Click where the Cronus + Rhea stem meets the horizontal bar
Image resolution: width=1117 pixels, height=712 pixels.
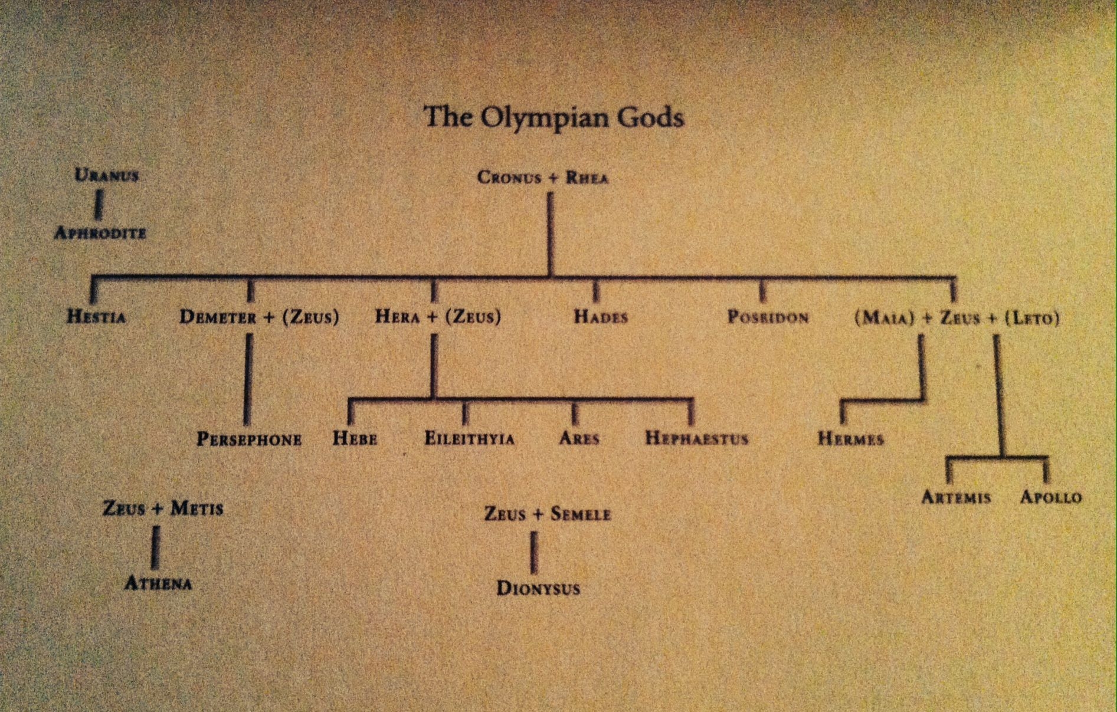point(550,276)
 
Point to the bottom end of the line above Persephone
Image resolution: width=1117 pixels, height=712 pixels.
point(247,424)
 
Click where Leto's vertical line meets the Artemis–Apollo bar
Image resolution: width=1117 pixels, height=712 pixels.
point(1002,458)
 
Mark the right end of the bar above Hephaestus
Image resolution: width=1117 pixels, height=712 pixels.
point(691,401)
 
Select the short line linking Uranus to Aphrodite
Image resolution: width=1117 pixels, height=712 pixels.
point(99,205)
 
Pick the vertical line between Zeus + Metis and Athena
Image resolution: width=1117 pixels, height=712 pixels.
point(156,547)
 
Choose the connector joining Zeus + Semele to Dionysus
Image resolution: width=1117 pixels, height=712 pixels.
point(533,553)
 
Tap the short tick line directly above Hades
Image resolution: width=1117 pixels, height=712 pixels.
point(595,290)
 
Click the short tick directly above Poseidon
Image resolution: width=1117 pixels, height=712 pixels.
point(762,290)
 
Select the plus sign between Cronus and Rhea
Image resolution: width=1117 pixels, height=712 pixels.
point(551,178)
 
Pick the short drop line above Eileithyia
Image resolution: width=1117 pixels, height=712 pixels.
point(466,412)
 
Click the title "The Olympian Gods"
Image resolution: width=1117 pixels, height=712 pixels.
point(553,117)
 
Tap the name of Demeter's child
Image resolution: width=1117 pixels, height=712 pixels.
point(249,439)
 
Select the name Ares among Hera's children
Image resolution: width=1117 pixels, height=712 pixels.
point(579,438)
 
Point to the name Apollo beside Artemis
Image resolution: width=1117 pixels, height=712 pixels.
point(1051,497)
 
